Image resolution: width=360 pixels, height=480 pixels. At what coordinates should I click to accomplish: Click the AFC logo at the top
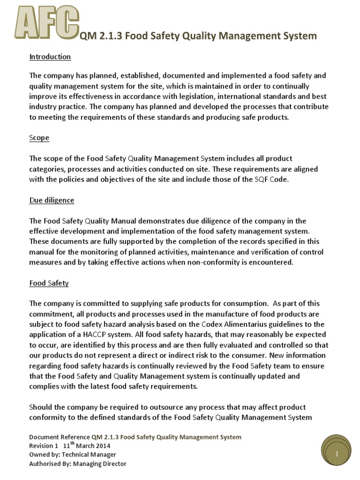pyautogui.click(x=45, y=24)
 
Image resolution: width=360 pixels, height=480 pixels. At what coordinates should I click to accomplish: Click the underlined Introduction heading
pyautogui.click(x=50, y=57)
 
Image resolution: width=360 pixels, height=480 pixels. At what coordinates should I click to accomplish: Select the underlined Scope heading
pyautogui.click(x=39, y=138)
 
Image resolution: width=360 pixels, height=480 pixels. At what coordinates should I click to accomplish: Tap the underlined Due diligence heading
pyautogui.click(x=52, y=200)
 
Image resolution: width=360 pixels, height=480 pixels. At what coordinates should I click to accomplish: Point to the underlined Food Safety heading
pyautogui.click(x=49, y=283)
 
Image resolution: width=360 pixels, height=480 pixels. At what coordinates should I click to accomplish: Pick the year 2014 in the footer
pyautogui.click(x=103, y=446)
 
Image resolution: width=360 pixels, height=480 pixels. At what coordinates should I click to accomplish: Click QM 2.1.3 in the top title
pyautogui.click(x=97, y=36)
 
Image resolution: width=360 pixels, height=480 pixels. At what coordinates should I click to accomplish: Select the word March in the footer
pyautogui.click(x=83, y=446)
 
